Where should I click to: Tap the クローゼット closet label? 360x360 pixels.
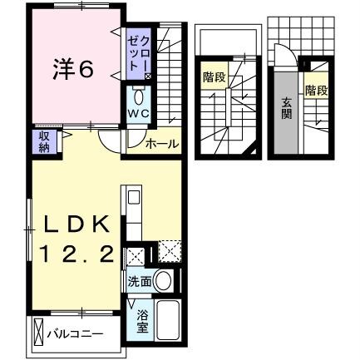[138, 53]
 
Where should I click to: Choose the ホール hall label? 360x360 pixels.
[161, 144]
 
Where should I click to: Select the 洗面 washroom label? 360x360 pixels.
[139, 283]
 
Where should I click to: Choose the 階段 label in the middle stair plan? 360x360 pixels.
[214, 78]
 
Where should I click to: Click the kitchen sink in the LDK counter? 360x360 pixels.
[133, 200]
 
